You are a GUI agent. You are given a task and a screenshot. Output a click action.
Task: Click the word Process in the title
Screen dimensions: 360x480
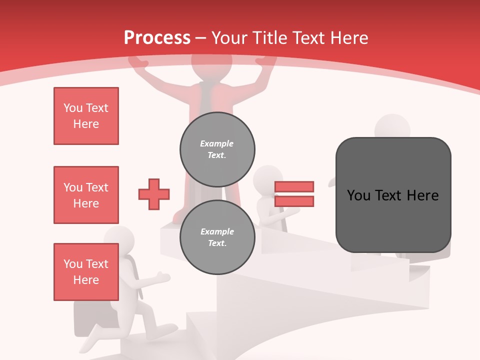click(157, 37)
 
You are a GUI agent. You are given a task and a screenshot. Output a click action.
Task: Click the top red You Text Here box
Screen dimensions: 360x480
click(86, 116)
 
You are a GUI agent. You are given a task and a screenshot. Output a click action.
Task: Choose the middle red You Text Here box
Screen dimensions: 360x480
click(86, 195)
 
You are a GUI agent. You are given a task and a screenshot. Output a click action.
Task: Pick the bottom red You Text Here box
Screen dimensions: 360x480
click(86, 272)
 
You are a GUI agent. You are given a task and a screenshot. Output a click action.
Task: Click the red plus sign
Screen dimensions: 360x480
click(154, 194)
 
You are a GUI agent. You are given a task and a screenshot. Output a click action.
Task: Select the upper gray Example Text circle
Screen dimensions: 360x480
click(217, 149)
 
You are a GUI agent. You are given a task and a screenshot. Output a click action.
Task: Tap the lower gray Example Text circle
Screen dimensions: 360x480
click(217, 237)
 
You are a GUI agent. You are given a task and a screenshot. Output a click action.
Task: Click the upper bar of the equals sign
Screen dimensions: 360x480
click(294, 186)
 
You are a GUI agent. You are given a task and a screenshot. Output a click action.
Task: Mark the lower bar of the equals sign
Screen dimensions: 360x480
click(294, 201)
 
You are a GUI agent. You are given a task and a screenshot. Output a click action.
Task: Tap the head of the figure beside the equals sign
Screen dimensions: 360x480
click(267, 178)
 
